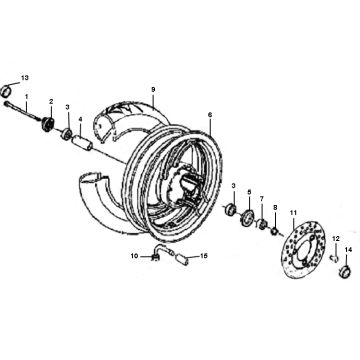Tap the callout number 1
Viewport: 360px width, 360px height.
tap(28, 97)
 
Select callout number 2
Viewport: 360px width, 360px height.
tap(51, 102)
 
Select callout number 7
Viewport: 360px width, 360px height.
tap(262, 199)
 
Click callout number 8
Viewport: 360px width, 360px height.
tap(276, 207)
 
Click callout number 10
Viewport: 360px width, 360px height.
tap(132, 257)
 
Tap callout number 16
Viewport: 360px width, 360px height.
tap(204, 257)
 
